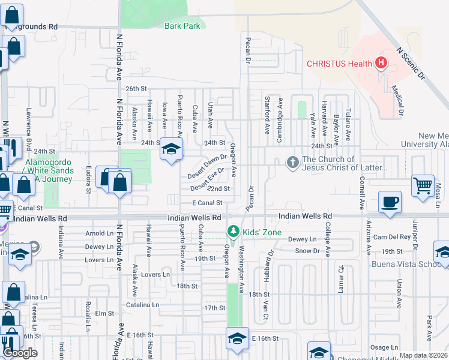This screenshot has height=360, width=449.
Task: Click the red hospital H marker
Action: pyautogui.click(x=381, y=63)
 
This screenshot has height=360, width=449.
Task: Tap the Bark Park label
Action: pyautogui.click(x=182, y=26)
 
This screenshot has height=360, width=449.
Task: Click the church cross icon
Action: pyautogui.click(x=292, y=163)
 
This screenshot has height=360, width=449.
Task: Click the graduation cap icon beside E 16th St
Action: pyautogui.click(x=237, y=338)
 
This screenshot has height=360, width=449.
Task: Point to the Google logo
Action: pyautogui.click(x=20, y=353)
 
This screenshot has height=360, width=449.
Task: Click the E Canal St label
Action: pyautogui.click(x=208, y=203)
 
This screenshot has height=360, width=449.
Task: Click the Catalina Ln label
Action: pyautogui.click(x=142, y=305)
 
